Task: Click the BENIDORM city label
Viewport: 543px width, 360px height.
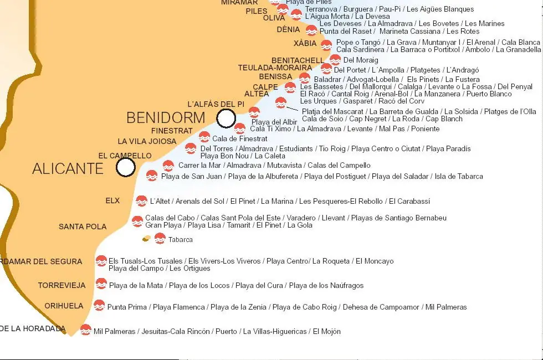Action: coord(166,118)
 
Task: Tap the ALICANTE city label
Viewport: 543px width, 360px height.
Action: coord(68,169)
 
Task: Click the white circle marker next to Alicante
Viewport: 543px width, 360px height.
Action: coord(126,167)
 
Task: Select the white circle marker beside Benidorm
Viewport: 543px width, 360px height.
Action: coord(226,118)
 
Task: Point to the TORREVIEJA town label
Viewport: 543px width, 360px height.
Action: coord(62,286)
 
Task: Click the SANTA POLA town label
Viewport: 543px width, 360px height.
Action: coord(83,227)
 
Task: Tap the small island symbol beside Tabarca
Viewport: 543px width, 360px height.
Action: coord(146,239)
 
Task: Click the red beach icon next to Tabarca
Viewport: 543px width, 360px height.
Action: coord(160,239)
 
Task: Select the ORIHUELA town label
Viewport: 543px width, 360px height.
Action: coord(64,306)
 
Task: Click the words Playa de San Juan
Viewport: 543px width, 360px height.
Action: coord(192,177)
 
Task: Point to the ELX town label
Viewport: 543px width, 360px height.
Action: coord(112,200)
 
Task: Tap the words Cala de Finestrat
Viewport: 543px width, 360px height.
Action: coord(240,139)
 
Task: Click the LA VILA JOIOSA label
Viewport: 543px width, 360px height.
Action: coord(147,142)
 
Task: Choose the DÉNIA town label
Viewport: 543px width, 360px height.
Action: coord(288,30)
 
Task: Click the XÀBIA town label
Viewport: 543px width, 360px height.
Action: coord(305,44)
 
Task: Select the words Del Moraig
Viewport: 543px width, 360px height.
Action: coord(361,60)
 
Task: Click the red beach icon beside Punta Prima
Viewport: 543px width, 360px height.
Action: coord(99,305)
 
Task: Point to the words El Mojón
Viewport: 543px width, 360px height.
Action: coord(327,332)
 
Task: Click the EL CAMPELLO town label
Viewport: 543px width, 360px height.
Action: coord(125,156)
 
